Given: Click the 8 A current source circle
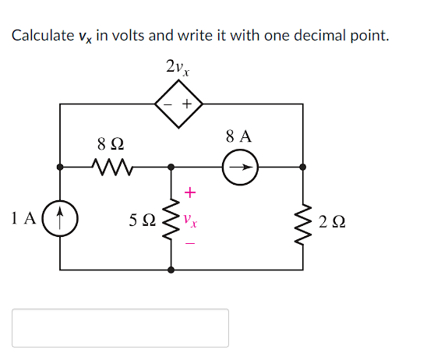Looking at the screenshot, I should (x=241, y=166).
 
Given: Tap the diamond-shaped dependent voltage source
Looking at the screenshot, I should (x=179, y=104).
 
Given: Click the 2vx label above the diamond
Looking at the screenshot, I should (x=178, y=68).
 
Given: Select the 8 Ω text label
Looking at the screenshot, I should (x=110, y=144).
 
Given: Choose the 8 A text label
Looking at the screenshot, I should (x=239, y=136).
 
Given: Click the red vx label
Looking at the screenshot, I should (x=191, y=221).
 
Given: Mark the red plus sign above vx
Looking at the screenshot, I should (x=191, y=192).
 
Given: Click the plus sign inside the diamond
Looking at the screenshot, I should (x=188, y=104).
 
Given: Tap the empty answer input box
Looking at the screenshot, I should (x=120, y=328).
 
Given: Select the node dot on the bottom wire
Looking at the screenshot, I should (x=171, y=270).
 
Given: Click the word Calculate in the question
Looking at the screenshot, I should (x=40, y=36).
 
